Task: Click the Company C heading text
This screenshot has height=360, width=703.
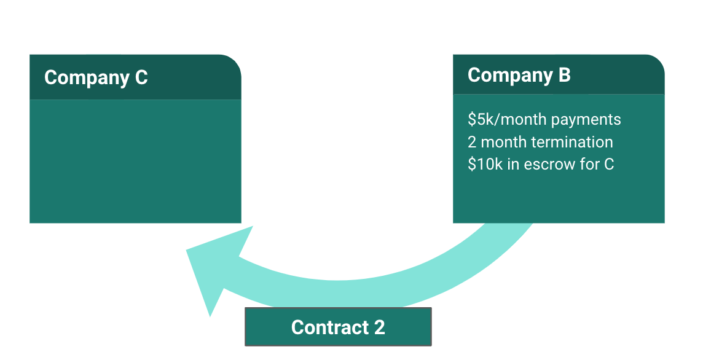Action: click(x=96, y=77)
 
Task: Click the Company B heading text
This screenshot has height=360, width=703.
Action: click(x=519, y=75)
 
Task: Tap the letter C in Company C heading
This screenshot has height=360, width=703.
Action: click(x=141, y=77)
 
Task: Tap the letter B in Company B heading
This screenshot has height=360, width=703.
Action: click(x=564, y=75)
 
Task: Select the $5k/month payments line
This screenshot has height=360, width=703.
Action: click(x=544, y=119)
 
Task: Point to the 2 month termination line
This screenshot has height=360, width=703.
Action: click(x=540, y=142)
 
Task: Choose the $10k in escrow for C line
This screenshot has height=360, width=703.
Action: click(x=540, y=164)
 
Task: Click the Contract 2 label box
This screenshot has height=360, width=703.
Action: click(x=338, y=327)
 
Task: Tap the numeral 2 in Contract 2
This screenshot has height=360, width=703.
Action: click(x=379, y=327)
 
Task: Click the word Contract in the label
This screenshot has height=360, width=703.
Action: click(x=329, y=327)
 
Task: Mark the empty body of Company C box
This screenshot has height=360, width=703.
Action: click(x=135, y=161)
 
